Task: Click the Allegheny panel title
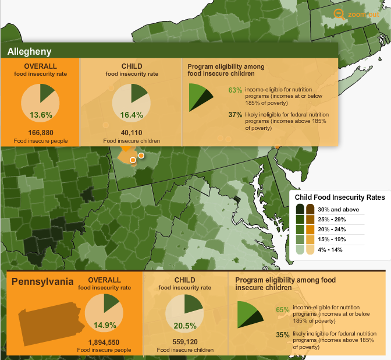click(30, 51)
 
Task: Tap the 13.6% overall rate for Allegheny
click(41, 115)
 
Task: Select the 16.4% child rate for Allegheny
click(131, 115)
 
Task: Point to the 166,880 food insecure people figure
click(40, 133)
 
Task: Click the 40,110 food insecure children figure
click(131, 133)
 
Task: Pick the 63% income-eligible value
click(234, 90)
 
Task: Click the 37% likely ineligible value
click(234, 114)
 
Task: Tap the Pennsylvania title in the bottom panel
click(42, 283)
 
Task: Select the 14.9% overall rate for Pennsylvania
click(105, 325)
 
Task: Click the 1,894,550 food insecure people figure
click(104, 342)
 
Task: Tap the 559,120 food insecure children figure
click(185, 342)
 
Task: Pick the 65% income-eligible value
click(283, 310)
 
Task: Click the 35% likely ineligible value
click(283, 334)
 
